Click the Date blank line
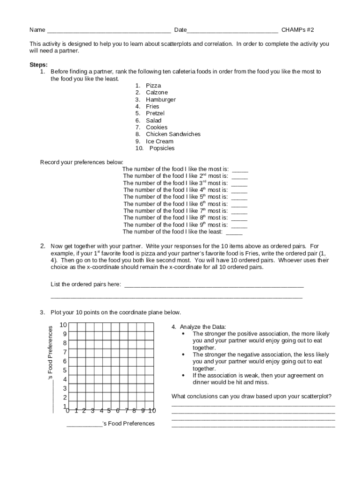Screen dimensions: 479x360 (x=232, y=31)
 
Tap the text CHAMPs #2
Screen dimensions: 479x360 (x=297, y=30)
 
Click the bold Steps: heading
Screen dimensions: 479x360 (x=38, y=65)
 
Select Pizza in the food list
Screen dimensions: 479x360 (x=153, y=86)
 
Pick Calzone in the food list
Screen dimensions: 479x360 (x=157, y=93)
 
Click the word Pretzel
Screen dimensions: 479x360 (x=155, y=113)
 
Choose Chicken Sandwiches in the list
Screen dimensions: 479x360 (x=173, y=134)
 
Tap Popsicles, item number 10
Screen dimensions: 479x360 (x=162, y=148)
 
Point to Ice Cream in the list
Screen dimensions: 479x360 (x=159, y=141)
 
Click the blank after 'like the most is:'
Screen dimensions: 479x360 (x=240, y=170)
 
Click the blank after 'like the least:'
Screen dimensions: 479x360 (x=234, y=232)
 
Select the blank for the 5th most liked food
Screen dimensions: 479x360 (x=239, y=198)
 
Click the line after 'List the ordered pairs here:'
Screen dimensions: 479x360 (x=214, y=285)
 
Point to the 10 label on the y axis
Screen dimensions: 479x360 (x=63, y=325)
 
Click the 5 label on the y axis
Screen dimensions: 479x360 (x=65, y=370)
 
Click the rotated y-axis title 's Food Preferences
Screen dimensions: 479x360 (x=51, y=353)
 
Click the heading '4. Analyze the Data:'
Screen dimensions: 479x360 (x=199, y=327)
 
